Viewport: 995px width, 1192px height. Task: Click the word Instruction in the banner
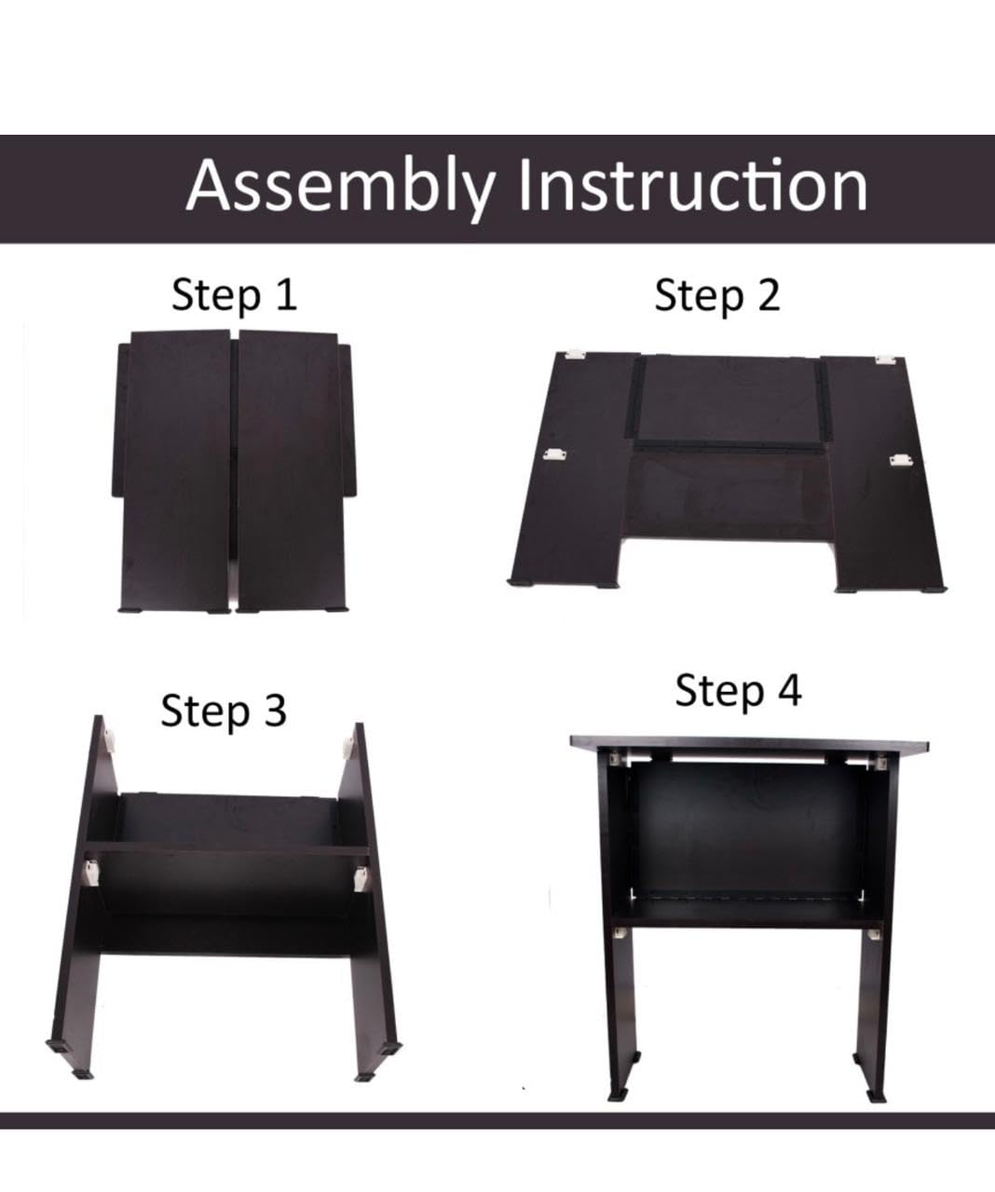693,185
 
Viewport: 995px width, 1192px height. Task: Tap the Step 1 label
234,296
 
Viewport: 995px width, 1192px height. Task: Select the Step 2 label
717,296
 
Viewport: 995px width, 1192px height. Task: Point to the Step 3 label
224,711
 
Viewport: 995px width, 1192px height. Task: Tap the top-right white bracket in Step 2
885,359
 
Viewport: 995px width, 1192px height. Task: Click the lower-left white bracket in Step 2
554,454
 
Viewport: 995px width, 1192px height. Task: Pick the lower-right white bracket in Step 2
899,460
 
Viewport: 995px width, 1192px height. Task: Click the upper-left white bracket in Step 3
109,741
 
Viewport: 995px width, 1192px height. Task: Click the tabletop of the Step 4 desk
749,744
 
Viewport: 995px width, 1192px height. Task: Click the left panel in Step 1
178,471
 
